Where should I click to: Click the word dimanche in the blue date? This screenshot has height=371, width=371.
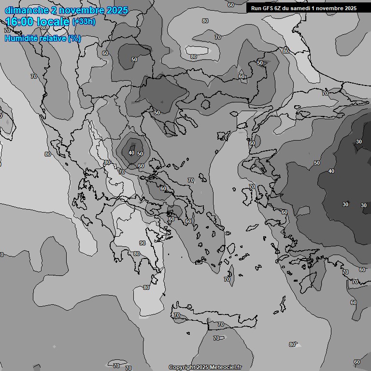coord(26,10)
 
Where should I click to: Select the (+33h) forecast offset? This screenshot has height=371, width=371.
coord(84,22)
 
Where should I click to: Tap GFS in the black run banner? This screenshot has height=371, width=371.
coord(267,8)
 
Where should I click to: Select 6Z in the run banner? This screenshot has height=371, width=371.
coord(278,8)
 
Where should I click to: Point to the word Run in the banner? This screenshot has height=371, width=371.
coord(256,8)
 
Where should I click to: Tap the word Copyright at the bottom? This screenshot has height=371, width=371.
coord(181,367)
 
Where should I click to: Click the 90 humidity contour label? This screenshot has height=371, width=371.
coord(143,243)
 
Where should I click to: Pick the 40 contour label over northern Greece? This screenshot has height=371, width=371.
coord(131,153)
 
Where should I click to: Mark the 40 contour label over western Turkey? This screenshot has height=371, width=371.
coord(331,171)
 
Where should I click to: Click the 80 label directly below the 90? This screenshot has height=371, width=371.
coord(137,254)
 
